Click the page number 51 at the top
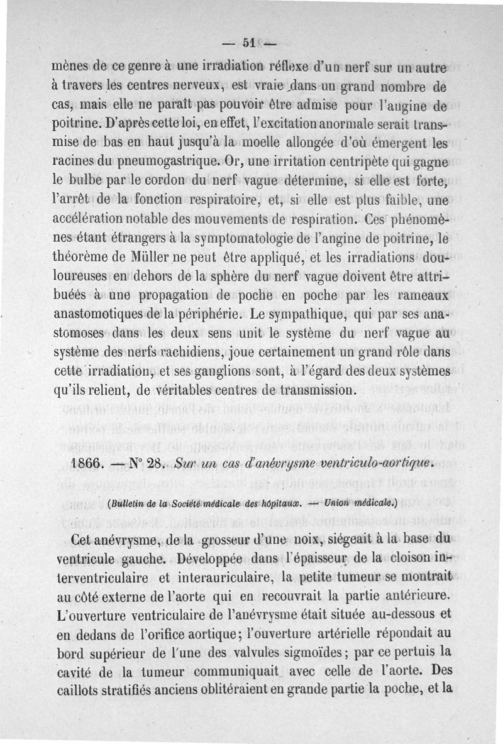(247, 43)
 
